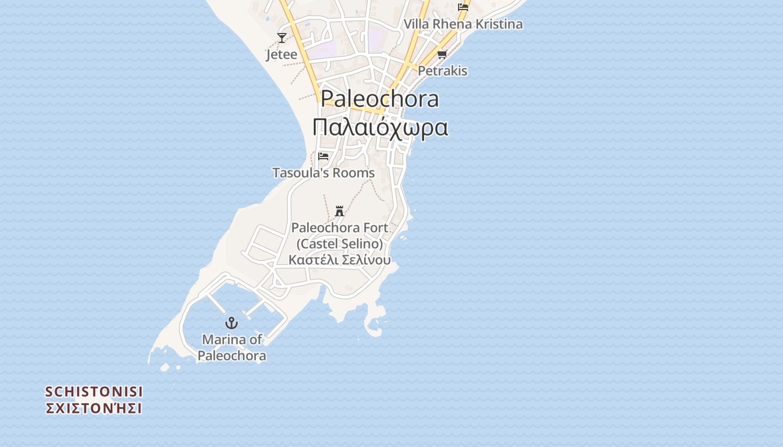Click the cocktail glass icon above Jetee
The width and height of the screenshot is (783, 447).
click(x=282, y=38)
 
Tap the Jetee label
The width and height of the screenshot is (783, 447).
click(x=282, y=55)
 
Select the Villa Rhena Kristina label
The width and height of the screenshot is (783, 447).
click(x=463, y=24)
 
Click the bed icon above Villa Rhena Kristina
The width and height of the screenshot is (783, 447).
click(x=463, y=7)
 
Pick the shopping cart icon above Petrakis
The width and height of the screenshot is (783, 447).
click(x=442, y=54)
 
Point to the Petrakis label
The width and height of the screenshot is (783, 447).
click(x=442, y=71)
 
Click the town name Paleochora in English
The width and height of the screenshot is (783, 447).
click(x=380, y=99)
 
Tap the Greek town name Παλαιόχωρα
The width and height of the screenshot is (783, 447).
click(x=380, y=127)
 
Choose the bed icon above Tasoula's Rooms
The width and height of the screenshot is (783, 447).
click(x=323, y=156)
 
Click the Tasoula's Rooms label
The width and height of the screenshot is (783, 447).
click(x=323, y=173)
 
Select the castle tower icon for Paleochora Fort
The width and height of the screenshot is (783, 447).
click(x=339, y=211)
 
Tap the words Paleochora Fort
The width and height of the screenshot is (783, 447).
click(x=339, y=228)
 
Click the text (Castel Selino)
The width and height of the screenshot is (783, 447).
click(x=339, y=244)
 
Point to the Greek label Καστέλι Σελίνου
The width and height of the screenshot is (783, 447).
click(x=339, y=260)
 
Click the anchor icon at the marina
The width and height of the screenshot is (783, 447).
click(x=232, y=322)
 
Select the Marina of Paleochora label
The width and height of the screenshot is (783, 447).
click(x=232, y=348)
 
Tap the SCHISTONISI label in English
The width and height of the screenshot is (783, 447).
click(x=94, y=391)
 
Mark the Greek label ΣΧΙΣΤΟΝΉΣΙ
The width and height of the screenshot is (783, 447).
click(x=94, y=408)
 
